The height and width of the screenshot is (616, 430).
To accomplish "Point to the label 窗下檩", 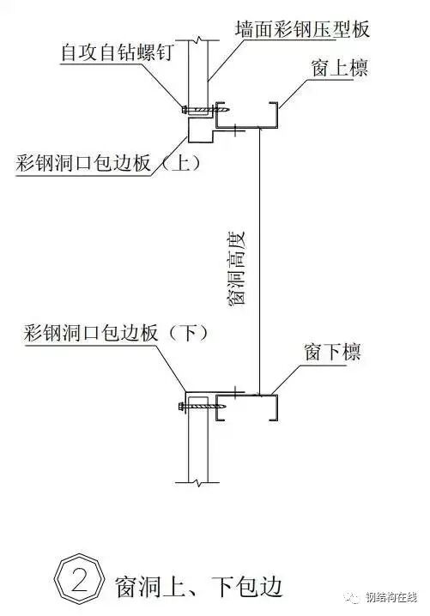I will [x=331, y=353].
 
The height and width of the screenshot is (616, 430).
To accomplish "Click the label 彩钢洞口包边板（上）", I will [x=108, y=163].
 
